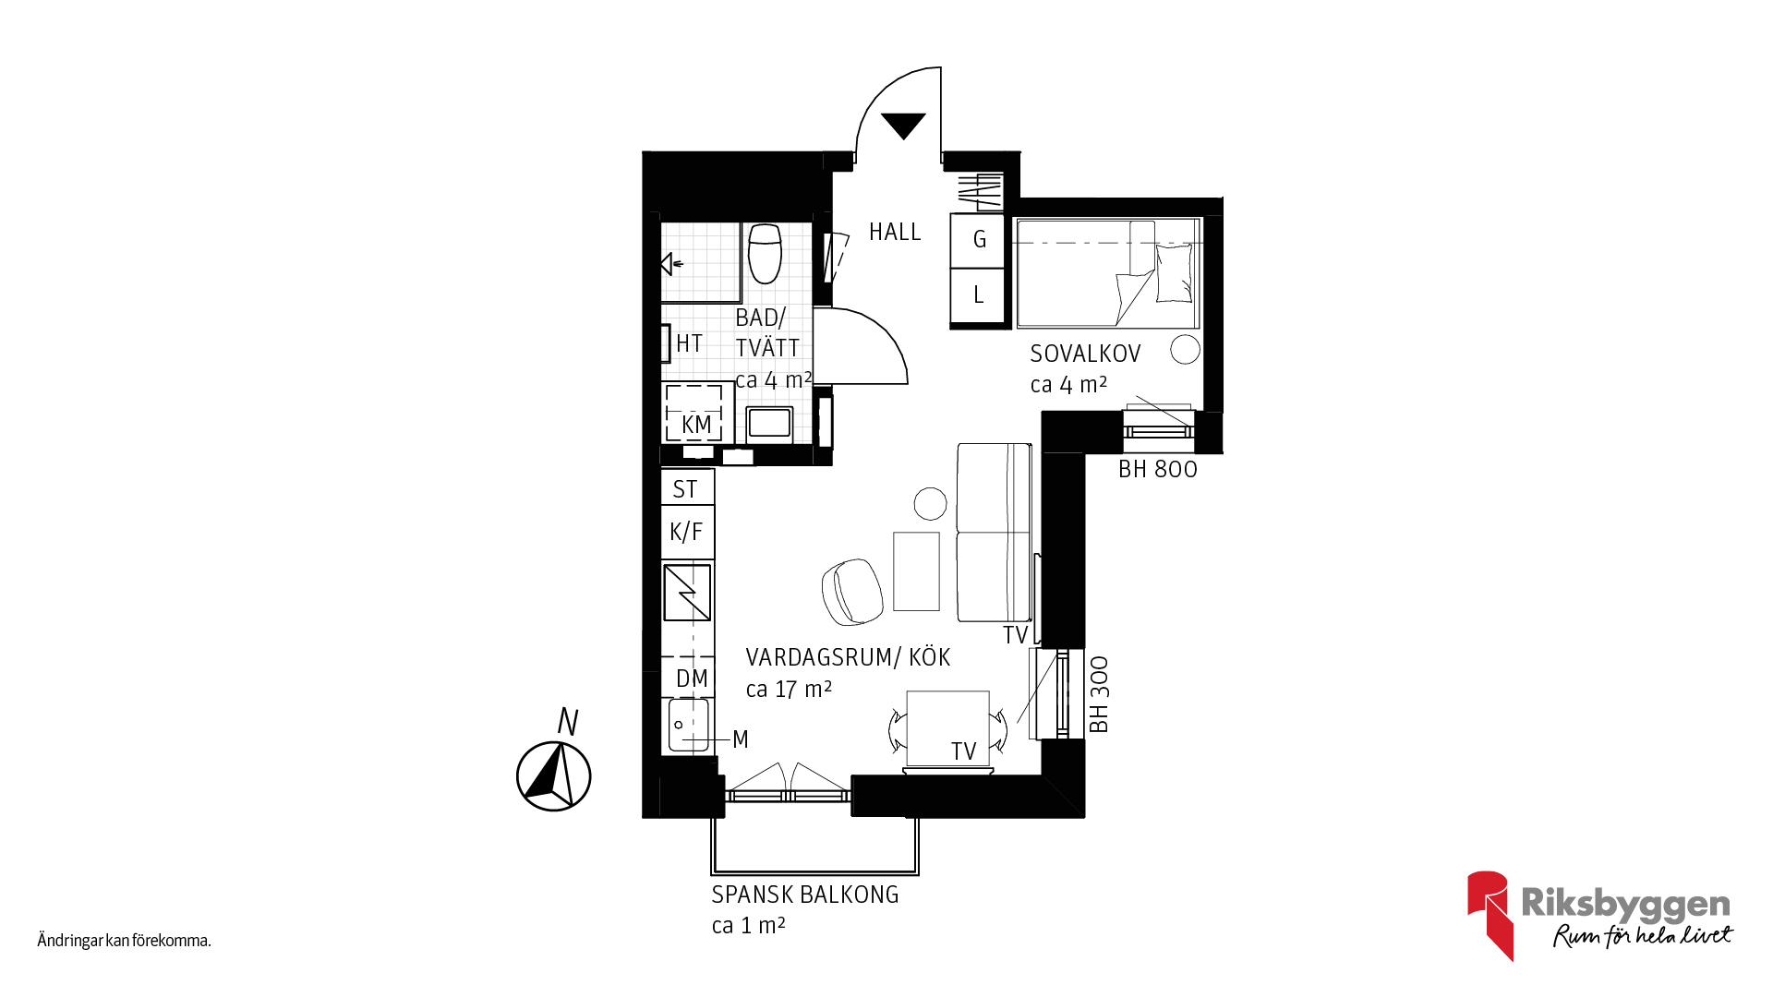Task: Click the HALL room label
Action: tap(895, 232)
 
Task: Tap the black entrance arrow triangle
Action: tap(903, 124)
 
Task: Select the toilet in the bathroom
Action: tap(765, 253)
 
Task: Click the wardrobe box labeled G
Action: tap(978, 240)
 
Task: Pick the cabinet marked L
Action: tap(978, 295)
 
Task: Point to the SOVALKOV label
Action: tap(1085, 354)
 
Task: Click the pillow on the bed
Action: tap(1174, 273)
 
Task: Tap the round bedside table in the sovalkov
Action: tap(1185, 349)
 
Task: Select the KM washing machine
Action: tap(694, 413)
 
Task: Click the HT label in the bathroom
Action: tap(689, 343)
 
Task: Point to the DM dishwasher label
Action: tap(692, 679)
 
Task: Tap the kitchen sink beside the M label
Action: tap(689, 726)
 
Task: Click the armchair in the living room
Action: tap(851, 592)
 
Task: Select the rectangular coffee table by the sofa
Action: tap(916, 571)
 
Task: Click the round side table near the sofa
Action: tap(930, 504)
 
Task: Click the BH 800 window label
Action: tap(1158, 469)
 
